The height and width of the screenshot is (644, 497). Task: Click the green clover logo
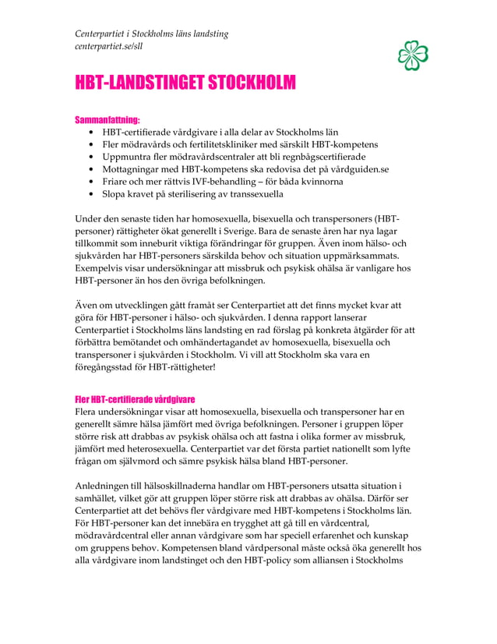coord(413,55)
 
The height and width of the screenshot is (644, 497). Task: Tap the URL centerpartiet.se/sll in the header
coord(108,47)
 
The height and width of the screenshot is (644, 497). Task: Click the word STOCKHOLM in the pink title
coord(249,83)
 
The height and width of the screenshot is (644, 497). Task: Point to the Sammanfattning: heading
coord(107,121)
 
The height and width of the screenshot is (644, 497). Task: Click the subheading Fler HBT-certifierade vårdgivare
coord(134,399)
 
